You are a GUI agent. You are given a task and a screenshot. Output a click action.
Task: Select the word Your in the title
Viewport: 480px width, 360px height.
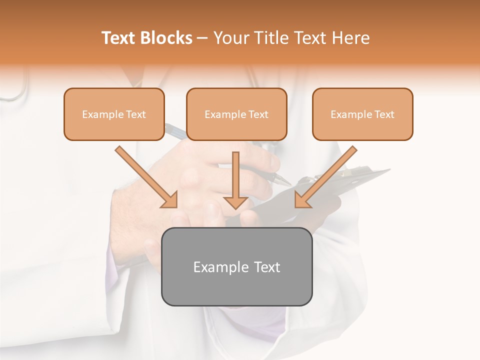(x=229, y=38)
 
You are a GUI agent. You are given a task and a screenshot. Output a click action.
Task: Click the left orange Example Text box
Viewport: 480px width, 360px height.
(x=114, y=114)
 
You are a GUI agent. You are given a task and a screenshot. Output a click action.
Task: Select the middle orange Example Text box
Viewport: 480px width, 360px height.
(x=236, y=114)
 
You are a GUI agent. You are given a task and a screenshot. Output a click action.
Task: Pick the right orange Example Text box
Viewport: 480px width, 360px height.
(x=362, y=114)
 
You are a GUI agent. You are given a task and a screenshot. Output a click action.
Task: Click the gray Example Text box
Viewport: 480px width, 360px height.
(x=236, y=266)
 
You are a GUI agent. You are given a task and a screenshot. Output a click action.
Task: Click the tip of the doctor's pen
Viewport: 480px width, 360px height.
(x=289, y=183)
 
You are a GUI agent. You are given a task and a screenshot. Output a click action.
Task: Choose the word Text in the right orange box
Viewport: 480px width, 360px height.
(x=384, y=114)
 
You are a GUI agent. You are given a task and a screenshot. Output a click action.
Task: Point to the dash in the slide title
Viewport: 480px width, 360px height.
(x=202, y=38)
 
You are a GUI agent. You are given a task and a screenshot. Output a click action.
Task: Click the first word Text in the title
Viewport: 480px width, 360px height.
(x=120, y=38)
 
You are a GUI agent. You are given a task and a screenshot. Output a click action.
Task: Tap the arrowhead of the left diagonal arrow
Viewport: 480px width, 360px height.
(x=170, y=200)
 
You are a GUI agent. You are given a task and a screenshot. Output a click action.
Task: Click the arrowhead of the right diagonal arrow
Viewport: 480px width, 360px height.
(x=302, y=200)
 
